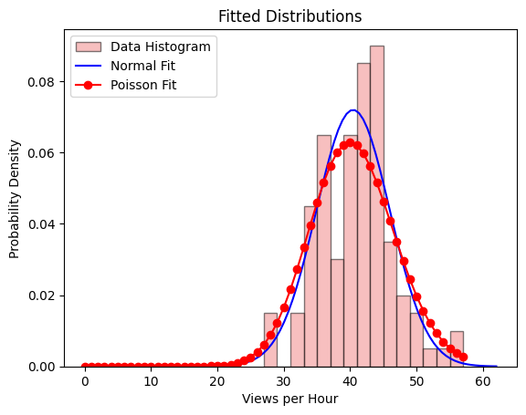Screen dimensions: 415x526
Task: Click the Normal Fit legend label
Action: (143, 66)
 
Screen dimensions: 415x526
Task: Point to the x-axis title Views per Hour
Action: (289, 399)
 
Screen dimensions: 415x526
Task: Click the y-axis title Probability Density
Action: (15, 199)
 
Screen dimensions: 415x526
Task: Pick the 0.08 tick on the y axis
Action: (46, 81)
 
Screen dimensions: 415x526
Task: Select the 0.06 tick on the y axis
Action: (46, 152)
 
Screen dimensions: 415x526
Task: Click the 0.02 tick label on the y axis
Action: (46, 296)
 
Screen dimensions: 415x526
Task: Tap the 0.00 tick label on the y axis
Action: (46, 367)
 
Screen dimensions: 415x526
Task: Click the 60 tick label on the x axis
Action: (482, 382)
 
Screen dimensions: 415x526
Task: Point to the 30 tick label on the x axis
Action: (283, 382)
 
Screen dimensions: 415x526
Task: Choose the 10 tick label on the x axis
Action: (151, 382)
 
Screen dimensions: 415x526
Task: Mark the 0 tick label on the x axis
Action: (84, 382)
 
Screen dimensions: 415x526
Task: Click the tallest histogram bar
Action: (376, 206)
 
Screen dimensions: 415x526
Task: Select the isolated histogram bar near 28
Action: (270, 340)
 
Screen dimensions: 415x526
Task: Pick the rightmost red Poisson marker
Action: (463, 357)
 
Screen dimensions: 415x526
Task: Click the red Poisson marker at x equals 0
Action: (84, 367)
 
